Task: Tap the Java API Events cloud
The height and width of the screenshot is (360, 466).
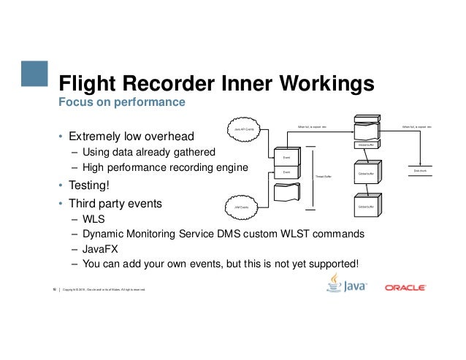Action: tap(244, 129)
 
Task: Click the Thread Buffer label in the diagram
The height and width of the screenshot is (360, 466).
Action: tap(323, 177)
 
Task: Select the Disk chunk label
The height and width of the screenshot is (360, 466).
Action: tap(420, 170)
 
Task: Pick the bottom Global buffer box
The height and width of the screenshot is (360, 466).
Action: tap(366, 207)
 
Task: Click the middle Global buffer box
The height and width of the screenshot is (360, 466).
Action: tap(366, 174)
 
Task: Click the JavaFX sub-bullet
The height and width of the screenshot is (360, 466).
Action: tap(99, 248)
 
